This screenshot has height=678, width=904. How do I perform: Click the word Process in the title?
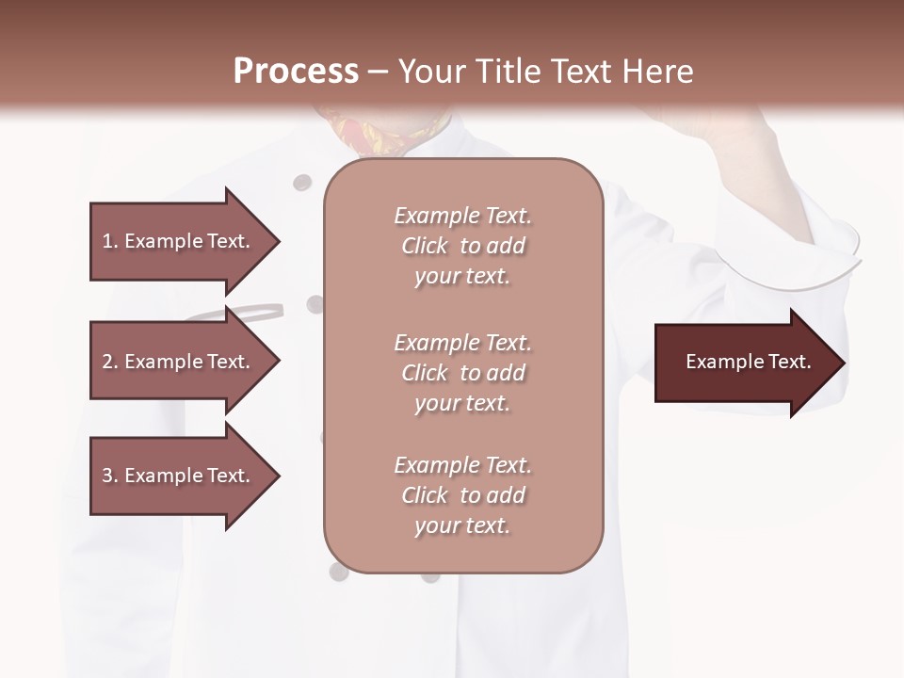point(296,71)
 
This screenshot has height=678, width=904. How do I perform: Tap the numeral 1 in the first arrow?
point(107,241)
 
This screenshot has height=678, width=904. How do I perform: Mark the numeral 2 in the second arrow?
point(107,362)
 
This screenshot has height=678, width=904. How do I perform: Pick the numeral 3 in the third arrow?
point(107,476)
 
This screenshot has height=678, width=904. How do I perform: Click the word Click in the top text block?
point(425,247)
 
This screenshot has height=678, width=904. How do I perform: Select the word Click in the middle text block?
point(425,373)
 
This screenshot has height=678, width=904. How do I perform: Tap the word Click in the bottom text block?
point(425,495)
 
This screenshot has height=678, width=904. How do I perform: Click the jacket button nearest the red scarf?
point(301,183)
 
